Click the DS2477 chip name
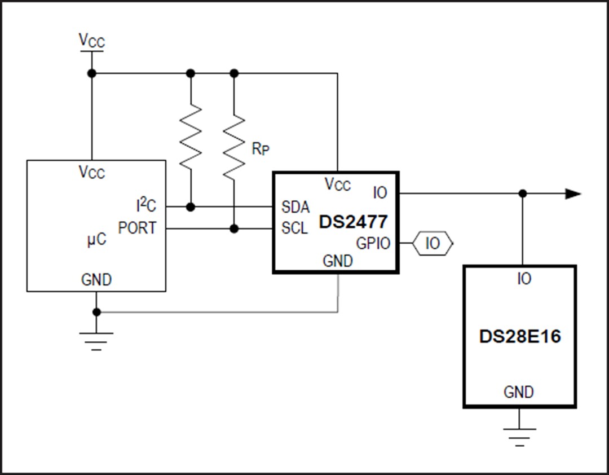(354, 221)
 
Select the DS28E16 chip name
(520, 337)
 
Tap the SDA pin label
(295, 207)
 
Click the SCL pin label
(295, 228)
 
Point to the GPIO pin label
(373, 243)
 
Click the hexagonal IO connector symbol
(432, 244)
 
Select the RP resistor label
(260, 149)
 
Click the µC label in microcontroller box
(96, 239)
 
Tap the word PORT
(138, 228)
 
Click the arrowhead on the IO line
(572, 194)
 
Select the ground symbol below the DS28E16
(519, 435)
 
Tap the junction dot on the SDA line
(191, 207)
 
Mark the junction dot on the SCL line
(235, 228)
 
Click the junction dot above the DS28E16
(523, 193)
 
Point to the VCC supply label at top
(91, 40)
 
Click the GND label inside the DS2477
(337, 261)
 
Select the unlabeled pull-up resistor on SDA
(191, 135)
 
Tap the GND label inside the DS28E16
(519, 392)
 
